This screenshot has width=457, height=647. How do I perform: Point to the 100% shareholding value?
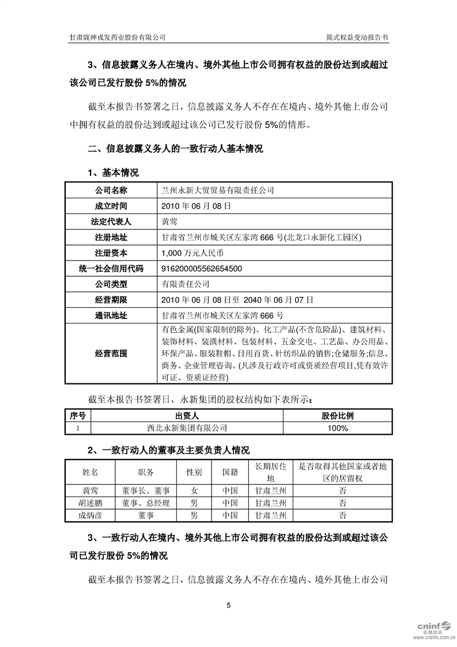338,428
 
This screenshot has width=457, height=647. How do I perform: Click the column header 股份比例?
338,416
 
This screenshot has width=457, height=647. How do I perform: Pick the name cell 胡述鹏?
90,503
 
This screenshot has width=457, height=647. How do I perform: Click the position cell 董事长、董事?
146,491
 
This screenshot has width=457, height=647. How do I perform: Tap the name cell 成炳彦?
90,515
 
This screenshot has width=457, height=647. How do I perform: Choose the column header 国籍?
230,472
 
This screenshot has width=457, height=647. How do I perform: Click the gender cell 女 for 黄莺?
194,491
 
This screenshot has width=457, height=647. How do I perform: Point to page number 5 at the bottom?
229,605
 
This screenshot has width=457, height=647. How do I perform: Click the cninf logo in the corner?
434,629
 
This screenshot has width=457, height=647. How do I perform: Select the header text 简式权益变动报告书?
357,36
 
